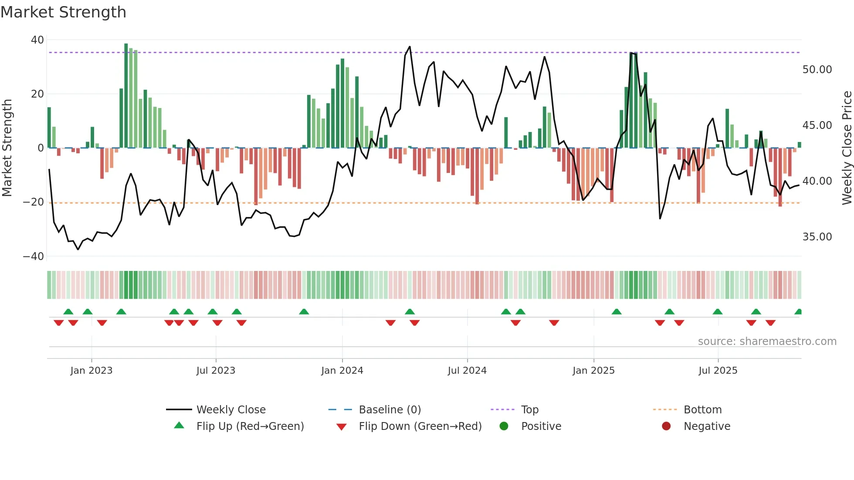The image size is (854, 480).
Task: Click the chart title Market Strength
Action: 63,12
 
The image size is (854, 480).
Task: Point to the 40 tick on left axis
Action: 37,40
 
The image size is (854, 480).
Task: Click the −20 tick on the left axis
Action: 34,202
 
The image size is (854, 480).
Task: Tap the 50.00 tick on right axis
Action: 817,70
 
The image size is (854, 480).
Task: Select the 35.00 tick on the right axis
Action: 817,237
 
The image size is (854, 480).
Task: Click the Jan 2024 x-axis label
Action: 342,371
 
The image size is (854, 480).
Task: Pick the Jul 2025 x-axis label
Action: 718,371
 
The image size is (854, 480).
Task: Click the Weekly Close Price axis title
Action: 847,148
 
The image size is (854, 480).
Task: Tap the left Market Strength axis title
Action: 7,148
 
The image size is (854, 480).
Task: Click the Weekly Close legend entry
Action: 230,410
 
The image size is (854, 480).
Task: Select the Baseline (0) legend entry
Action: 390,410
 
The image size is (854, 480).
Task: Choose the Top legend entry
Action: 530,410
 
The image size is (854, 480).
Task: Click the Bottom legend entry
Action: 702,410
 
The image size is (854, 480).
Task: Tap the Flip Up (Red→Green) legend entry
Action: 250,426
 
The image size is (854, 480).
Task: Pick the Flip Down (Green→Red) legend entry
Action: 420,426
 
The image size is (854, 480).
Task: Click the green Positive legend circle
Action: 504,426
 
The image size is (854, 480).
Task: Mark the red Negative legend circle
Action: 666,426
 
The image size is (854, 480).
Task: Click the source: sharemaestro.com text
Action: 767,341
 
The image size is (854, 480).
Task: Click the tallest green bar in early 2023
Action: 126,96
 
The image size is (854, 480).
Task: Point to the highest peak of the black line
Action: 410,47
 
